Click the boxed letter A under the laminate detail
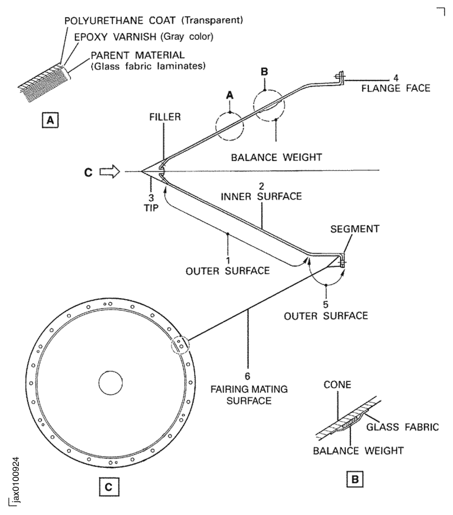tap(50, 120)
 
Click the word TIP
tap(151, 208)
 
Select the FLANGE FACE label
tap(396, 88)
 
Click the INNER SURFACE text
tap(261, 196)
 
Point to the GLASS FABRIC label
tap(402, 427)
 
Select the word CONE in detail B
tap(337, 385)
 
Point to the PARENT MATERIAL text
tap(138, 55)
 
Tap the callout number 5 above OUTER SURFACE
tap(326, 305)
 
